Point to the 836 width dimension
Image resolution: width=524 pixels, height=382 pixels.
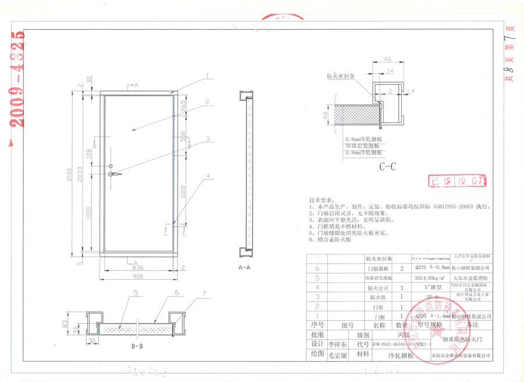[x=138, y=268]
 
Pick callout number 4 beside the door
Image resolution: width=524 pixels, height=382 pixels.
[x=207, y=175]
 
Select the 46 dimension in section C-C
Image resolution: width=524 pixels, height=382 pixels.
[x=387, y=59]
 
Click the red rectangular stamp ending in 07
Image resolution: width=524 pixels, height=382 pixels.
[x=456, y=181]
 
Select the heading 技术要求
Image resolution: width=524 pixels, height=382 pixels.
[x=323, y=199]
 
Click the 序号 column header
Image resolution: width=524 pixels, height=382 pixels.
[x=317, y=325]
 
